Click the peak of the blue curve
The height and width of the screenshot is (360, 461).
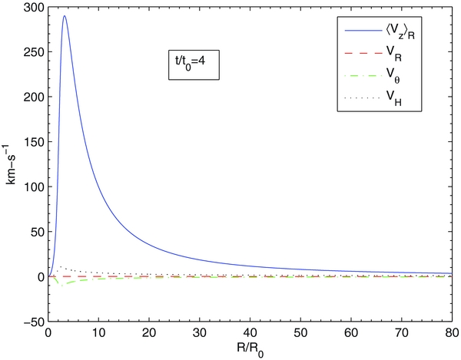(65, 16)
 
